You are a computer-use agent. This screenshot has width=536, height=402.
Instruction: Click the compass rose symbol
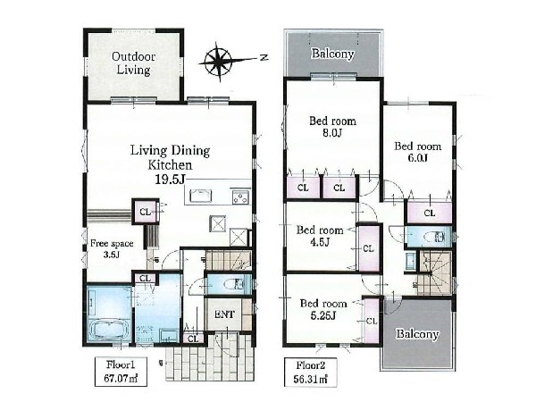(x=218, y=62)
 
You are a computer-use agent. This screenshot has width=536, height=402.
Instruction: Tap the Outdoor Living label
(x=133, y=63)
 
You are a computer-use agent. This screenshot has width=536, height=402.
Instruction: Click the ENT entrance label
(x=224, y=314)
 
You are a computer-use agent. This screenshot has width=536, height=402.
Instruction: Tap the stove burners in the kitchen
(x=240, y=197)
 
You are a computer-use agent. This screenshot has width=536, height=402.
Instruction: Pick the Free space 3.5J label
(x=112, y=248)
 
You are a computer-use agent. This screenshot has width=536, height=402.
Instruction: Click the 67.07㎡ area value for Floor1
(x=121, y=379)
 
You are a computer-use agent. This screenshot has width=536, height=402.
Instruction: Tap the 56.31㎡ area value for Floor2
(x=310, y=379)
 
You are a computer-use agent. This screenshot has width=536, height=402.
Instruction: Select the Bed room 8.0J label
(x=332, y=127)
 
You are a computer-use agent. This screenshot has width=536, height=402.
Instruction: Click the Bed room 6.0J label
(x=417, y=152)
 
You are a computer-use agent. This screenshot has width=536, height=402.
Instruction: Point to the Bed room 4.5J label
(x=320, y=236)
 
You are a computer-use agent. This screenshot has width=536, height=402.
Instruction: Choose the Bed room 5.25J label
(x=323, y=309)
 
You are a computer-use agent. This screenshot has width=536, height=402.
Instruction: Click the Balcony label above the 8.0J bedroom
(x=332, y=54)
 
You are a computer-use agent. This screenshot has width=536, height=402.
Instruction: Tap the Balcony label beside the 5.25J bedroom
(x=417, y=334)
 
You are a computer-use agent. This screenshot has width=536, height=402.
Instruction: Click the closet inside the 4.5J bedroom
(x=368, y=247)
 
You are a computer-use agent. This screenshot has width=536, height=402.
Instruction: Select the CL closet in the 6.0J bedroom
(x=430, y=213)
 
